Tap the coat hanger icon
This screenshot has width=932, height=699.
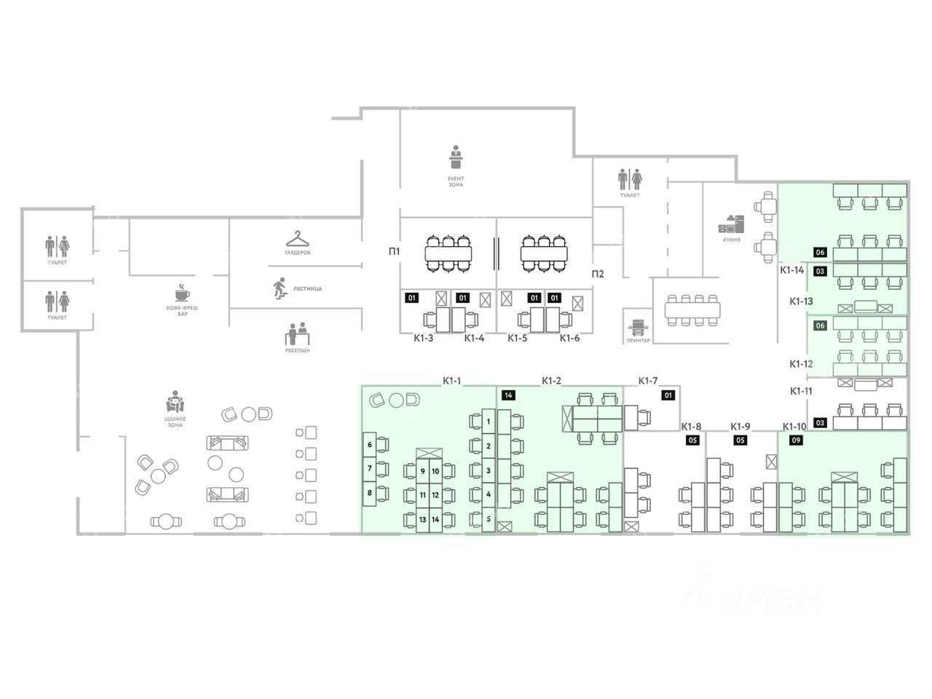(x=297, y=238)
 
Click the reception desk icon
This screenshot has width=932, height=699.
(x=297, y=334)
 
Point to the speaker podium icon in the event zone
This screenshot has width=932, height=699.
(x=456, y=157)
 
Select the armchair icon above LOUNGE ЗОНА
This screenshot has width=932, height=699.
(x=174, y=402)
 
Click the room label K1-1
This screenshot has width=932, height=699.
(x=452, y=380)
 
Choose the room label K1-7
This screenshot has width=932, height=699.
(x=648, y=380)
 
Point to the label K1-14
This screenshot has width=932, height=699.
(x=792, y=270)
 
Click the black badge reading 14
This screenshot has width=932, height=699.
(x=508, y=395)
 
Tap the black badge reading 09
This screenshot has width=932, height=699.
(x=796, y=440)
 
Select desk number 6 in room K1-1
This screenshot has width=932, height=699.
(x=370, y=444)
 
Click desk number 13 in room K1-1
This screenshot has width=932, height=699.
(x=422, y=520)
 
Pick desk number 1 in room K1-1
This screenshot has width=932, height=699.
(x=488, y=421)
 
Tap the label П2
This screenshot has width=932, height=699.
(x=597, y=274)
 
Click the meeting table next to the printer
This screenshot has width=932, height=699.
(x=692, y=309)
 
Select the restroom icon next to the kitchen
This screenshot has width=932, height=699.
(x=630, y=178)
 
